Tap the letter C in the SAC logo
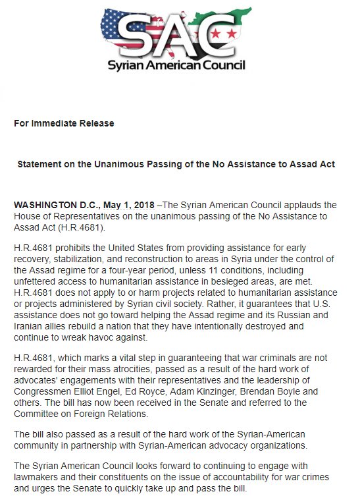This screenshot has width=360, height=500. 219,29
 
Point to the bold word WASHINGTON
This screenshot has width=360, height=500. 43,205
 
